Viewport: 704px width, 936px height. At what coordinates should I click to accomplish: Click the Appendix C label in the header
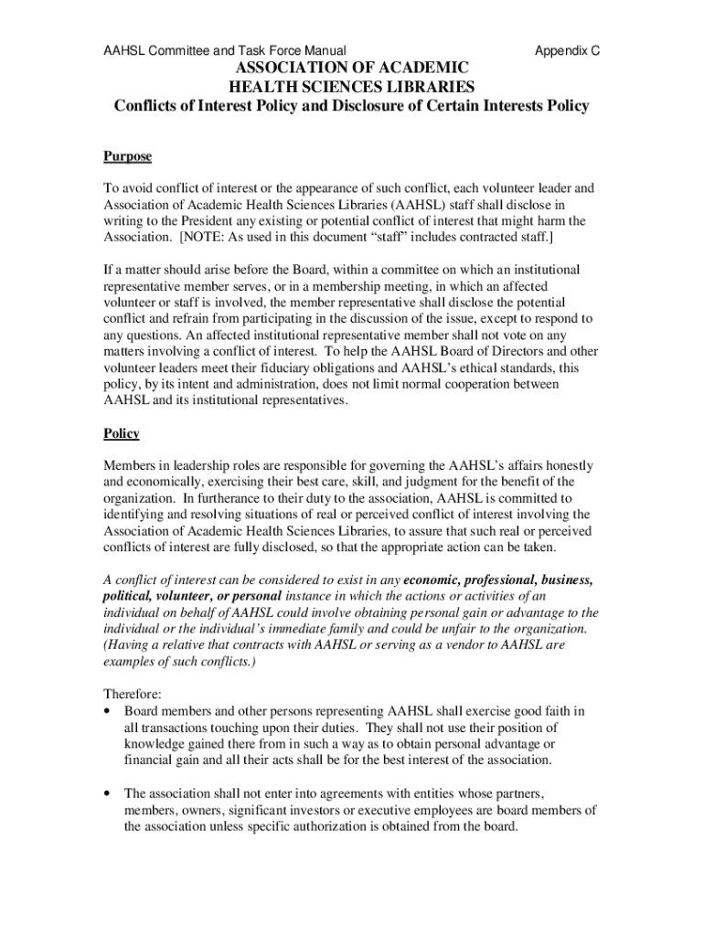(x=567, y=51)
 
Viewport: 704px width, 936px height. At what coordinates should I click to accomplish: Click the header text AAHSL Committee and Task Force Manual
(x=224, y=51)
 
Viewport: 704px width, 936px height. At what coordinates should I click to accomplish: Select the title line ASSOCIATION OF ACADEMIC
(x=351, y=69)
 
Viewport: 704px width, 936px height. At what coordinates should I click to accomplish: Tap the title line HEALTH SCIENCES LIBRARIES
(x=351, y=87)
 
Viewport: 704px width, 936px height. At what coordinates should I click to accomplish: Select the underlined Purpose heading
(x=127, y=156)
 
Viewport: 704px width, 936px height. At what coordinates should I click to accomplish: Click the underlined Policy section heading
(x=122, y=433)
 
